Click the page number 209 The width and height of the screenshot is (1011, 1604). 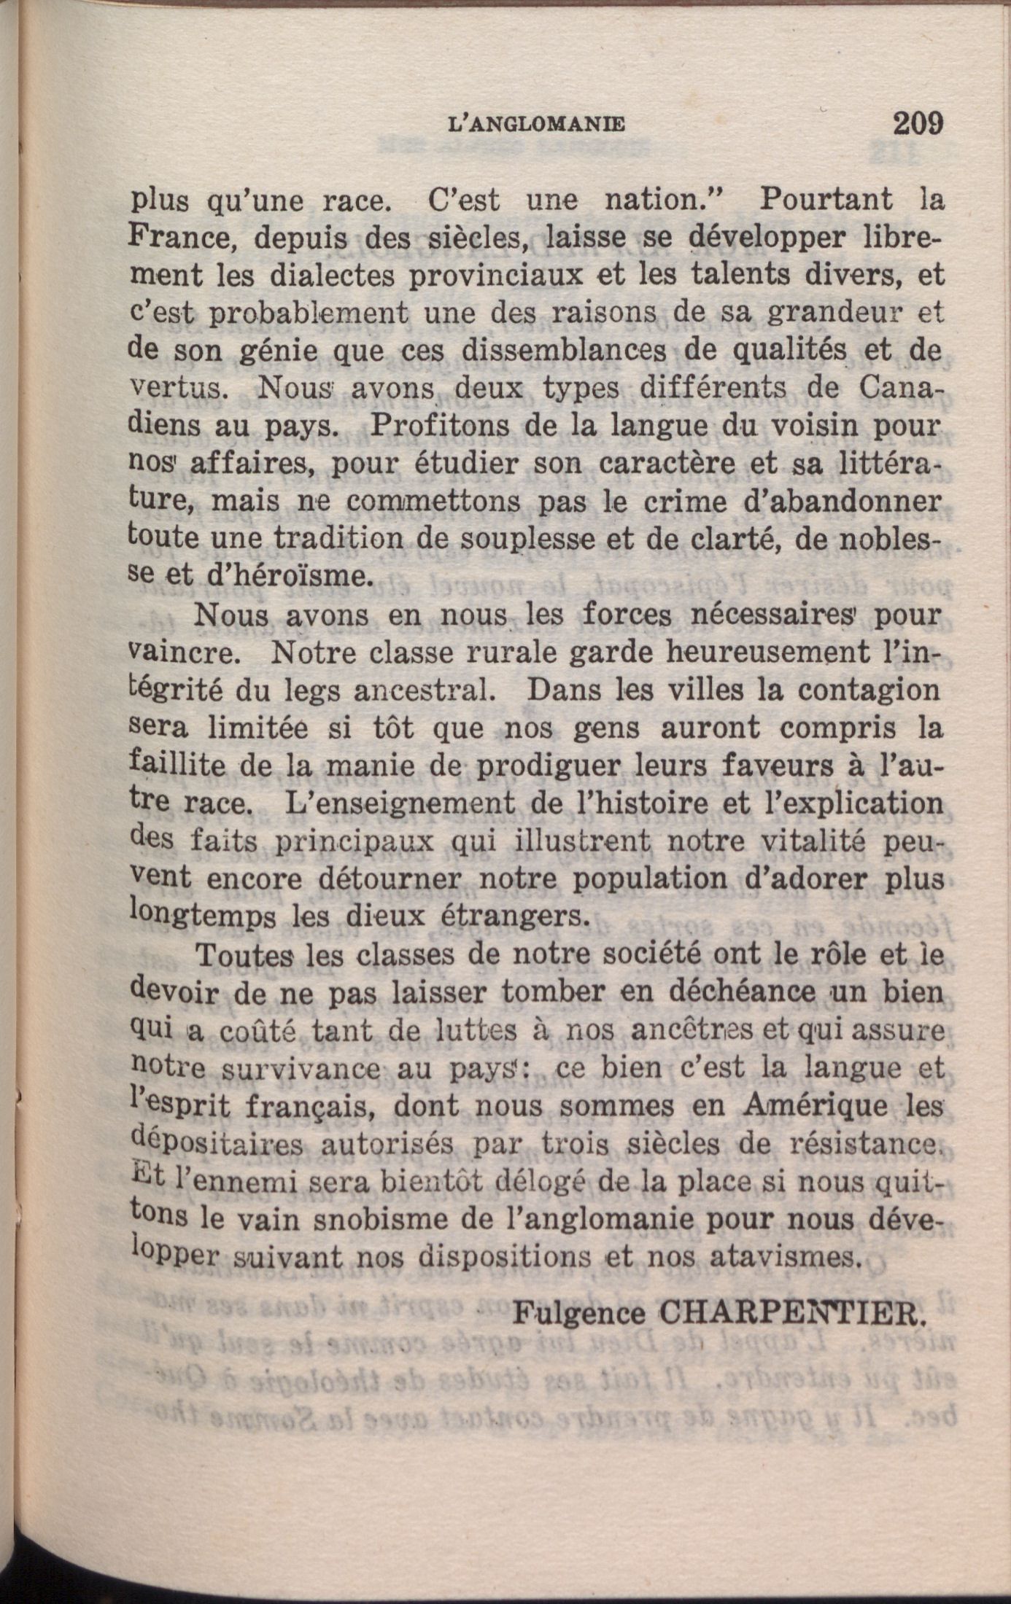(918, 122)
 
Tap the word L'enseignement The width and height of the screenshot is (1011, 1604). (394, 803)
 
